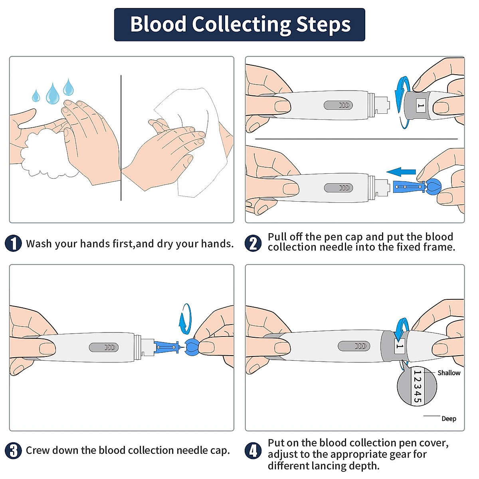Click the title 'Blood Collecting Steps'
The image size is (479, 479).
point(240,24)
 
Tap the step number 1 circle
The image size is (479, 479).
point(13,243)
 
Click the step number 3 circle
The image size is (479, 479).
point(13,451)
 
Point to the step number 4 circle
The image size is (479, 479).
point(253,451)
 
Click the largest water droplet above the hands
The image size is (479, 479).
point(52,94)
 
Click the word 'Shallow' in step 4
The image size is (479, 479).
point(449,373)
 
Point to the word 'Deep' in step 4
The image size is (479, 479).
point(449,419)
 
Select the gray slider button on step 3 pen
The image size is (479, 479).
point(104,347)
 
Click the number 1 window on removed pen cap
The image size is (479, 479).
point(420,106)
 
